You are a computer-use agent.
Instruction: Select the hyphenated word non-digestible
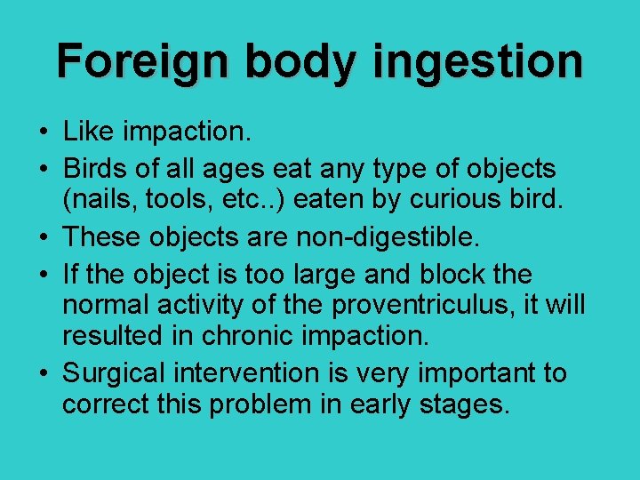(x=392, y=236)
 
